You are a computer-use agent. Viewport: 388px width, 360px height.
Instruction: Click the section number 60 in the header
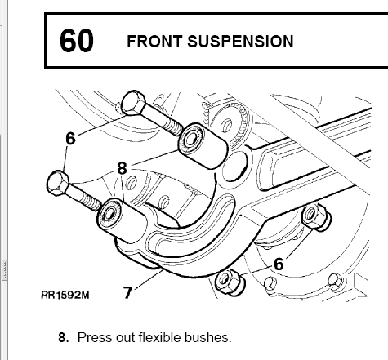click(77, 41)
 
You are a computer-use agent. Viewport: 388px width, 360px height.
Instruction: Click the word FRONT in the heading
click(154, 42)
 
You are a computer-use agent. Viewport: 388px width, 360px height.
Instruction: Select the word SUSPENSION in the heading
click(240, 42)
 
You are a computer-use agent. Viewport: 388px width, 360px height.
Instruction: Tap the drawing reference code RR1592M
click(65, 295)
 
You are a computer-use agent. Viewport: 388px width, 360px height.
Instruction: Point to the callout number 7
click(127, 293)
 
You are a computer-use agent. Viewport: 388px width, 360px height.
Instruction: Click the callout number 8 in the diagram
click(122, 168)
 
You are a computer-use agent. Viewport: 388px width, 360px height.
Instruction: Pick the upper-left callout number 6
click(70, 139)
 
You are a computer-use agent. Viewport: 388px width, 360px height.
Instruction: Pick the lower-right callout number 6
click(279, 264)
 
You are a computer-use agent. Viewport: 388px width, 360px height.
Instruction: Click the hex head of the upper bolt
click(133, 103)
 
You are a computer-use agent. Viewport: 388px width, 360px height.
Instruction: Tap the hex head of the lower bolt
click(58, 183)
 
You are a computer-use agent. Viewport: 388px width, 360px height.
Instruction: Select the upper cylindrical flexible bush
click(203, 146)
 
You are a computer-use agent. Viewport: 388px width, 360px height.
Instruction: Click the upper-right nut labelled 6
click(316, 218)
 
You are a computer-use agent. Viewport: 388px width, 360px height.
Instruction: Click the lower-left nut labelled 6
click(230, 282)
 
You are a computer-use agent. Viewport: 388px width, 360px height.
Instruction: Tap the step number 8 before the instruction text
click(64, 338)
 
